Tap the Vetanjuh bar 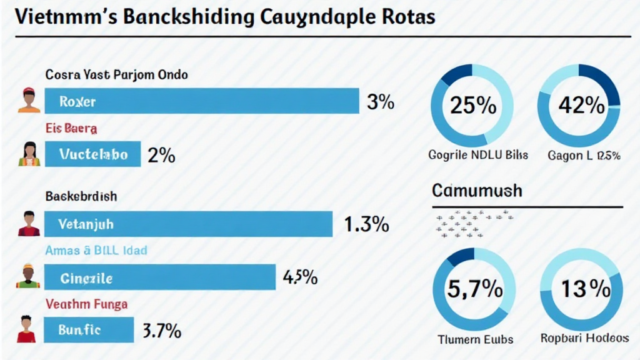click(188, 224)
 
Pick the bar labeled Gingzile click(160, 277)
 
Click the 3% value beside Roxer click(380, 102)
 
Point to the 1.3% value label click(367, 224)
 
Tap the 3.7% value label click(162, 330)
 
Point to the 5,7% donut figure click(475, 289)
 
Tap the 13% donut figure click(585, 289)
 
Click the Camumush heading click(477, 190)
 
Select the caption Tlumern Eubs click(476, 339)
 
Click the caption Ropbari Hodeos click(584, 338)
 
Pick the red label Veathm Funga click(86, 304)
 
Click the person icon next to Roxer click(29, 101)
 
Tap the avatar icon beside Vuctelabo click(29, 154)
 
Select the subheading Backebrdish click(81, 196)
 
